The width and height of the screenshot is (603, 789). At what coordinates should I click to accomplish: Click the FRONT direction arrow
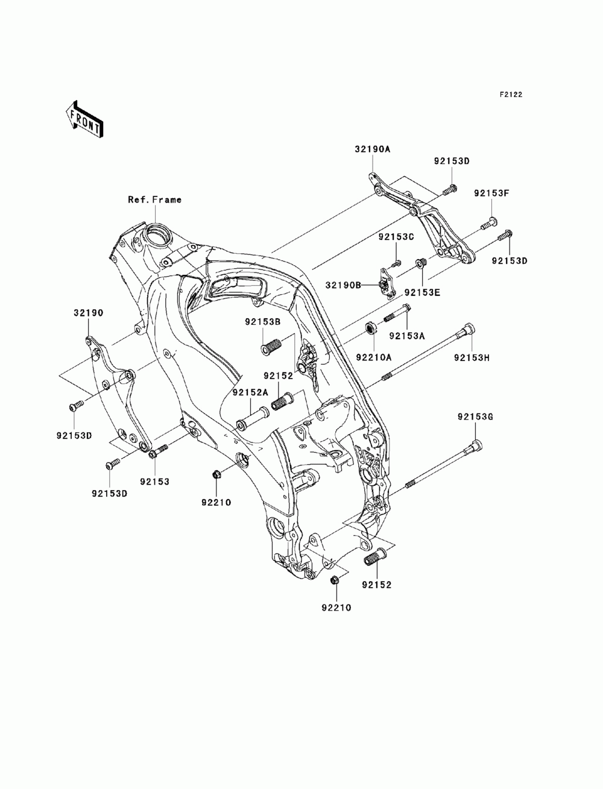point(84,120)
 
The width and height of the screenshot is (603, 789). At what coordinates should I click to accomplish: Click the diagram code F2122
point(510,95)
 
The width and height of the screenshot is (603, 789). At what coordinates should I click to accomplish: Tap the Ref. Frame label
point(154,200)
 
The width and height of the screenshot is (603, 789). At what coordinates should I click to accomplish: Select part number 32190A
point(373,149)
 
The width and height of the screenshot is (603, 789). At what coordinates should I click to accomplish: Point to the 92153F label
point(491,193)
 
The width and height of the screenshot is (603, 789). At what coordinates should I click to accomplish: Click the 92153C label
point(396,237)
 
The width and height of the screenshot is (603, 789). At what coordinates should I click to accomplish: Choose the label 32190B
point(343,285)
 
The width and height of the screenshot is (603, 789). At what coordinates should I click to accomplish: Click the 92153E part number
point(422,292)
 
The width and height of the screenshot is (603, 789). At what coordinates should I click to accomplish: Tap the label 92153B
point(263,322)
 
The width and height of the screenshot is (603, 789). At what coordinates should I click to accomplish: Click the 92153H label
point(472,357)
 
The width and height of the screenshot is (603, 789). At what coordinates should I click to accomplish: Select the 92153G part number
point(475,417)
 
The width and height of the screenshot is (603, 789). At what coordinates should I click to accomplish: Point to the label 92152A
point(250,392)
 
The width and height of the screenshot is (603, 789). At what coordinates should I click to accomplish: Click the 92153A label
point(407,336)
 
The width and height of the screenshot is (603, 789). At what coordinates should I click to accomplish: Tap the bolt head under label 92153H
point(467,329)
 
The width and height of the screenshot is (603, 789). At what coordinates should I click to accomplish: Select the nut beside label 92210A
point(371,328)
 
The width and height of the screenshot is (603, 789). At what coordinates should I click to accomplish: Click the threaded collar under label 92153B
point(271,346)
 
